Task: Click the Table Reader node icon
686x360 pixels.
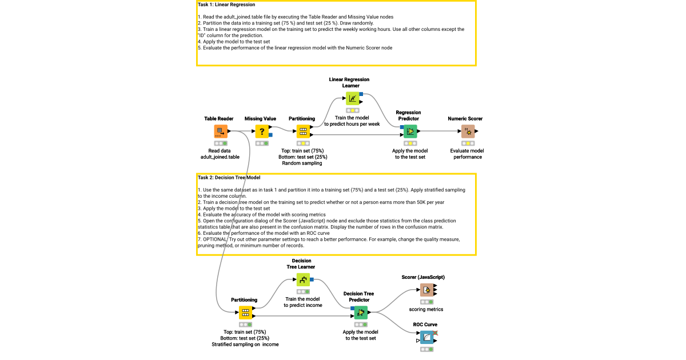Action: click(x=221, y=131)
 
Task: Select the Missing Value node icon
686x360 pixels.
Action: click(x=262, y=131)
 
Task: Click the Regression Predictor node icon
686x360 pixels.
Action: click(x=410, y=131)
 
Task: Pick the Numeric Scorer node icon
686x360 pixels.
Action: click(x=468, y=131)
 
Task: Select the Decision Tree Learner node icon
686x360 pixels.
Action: click(x=303, y=279)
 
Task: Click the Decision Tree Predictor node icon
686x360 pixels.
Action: click(x=360, y=313)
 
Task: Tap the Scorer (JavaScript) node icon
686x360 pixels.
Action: click(x=426, y=290)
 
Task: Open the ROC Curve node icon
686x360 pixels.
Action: click(x=426, y=337)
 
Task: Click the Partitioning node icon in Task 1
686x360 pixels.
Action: click(x=303, y=131)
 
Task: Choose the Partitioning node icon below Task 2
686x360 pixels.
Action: click(x=245, y=313)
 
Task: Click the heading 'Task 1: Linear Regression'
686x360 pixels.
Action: click(x=226, y=5)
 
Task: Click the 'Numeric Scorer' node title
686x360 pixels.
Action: click(x=465, y=119)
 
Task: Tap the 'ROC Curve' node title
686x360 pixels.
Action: click(x=425, y=325)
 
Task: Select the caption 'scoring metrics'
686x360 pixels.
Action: click(x=426, y=309)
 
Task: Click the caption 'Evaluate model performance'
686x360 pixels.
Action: click(x=466, y=154)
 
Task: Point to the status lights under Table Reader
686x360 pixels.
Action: click(x=221, y=143)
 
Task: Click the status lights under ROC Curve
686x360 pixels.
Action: click(x=426, y=349)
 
